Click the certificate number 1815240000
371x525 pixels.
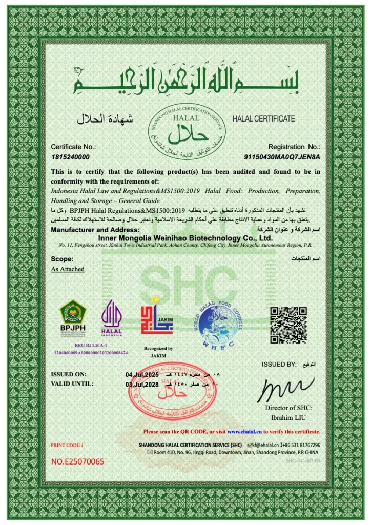pyautogui.click(x=70, y=156)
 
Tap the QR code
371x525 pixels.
pyautogui.click(x=288, y=325)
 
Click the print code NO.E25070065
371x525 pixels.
pyautogui.click(x=77, y=461)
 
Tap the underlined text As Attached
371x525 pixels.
pyautogui.click(x=68, y=269)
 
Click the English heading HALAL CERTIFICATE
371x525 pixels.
pyautogui.click(x=263, y=119)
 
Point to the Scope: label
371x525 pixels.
pyautogui.click(x=62, y=259)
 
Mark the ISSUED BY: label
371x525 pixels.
pyautogui.click(x=279, y=364)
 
